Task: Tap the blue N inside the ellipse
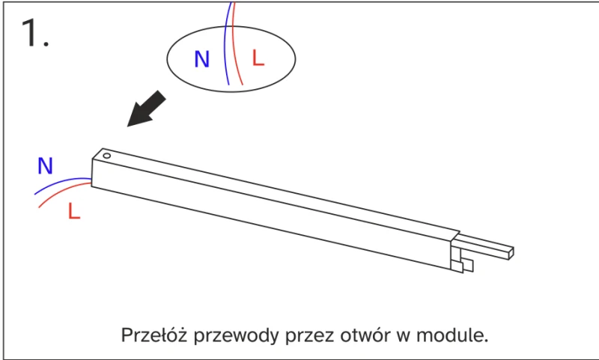202,59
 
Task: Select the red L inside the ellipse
258,58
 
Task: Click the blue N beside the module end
45,165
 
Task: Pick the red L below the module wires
74,211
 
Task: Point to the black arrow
145,109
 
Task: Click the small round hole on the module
106,156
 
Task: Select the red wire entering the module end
64,191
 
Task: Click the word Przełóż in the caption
154,335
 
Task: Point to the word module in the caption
452,335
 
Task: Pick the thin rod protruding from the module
484,247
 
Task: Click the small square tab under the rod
467,266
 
